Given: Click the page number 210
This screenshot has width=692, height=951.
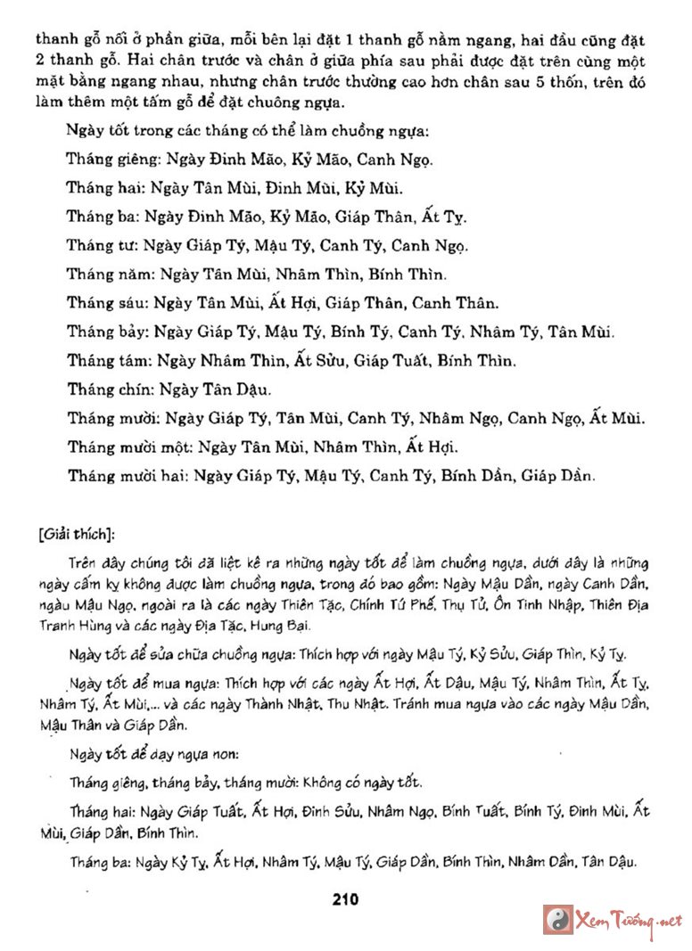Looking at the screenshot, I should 344,899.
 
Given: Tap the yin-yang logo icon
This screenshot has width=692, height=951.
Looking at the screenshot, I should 558,920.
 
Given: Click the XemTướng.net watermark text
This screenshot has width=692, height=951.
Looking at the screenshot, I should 630,920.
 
